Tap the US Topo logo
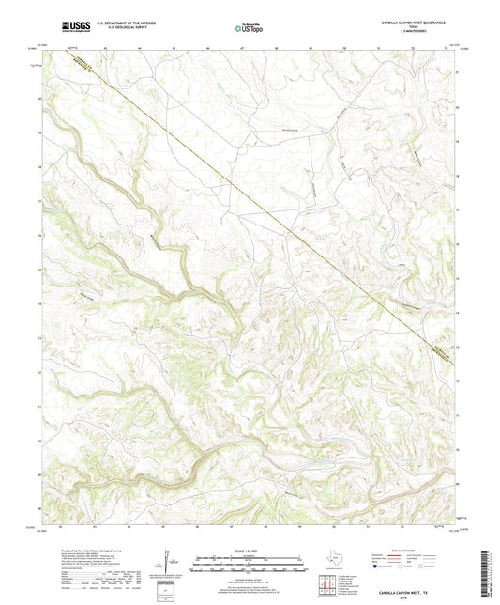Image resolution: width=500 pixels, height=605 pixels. click(x=246, y=28)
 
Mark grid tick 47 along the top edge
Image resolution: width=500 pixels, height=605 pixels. click(x=242, y=45)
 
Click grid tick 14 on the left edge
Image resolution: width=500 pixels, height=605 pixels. click(x=39, y=303)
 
